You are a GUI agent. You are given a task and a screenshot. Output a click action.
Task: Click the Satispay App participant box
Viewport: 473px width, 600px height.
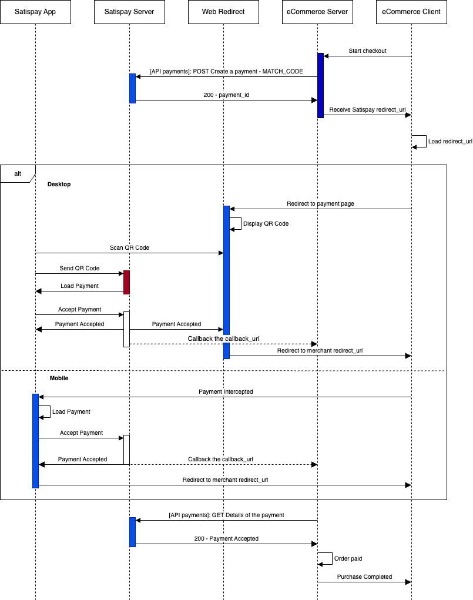point(36,12)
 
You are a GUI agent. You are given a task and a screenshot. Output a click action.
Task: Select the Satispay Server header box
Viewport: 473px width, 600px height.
point(129,12)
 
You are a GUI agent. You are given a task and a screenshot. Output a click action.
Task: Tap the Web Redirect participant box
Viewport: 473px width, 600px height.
point(223,12)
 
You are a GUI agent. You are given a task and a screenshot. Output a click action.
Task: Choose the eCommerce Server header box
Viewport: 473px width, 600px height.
point(317,12)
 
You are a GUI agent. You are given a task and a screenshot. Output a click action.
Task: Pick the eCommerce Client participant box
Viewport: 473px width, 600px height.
point(411,12)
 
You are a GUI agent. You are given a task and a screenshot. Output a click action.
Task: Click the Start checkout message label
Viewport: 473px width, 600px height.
point(367,51)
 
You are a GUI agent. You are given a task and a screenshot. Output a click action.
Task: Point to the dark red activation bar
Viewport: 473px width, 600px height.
point(127,283)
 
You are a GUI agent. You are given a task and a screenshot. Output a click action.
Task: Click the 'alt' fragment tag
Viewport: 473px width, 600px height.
point(18,174)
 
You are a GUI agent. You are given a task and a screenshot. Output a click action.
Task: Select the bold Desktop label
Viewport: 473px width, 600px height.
point(59,184)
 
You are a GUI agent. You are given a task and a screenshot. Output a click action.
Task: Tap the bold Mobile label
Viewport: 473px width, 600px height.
point(59,378)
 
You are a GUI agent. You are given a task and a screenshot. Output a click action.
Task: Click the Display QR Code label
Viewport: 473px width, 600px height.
point(266,223)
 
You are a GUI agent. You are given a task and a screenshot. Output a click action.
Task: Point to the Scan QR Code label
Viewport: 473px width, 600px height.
point(129,247)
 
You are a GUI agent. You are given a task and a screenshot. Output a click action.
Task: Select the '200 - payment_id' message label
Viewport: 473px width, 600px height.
point(226,95)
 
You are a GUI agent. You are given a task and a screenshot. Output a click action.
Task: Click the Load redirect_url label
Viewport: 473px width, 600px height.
point(450,141)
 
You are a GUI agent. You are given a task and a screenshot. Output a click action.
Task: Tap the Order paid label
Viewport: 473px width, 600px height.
point(348,559)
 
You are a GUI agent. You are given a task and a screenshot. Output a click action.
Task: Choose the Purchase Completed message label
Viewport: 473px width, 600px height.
point(364,576)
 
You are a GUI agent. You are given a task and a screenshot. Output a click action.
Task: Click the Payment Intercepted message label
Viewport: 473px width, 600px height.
point(226,391)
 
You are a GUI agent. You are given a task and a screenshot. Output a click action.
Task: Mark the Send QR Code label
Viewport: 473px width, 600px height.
point(79,268)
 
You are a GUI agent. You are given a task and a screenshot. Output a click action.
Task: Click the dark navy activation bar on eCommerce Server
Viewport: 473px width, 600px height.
point(321,85)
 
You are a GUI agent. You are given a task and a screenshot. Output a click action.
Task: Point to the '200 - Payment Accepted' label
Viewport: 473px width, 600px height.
point(226,538)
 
